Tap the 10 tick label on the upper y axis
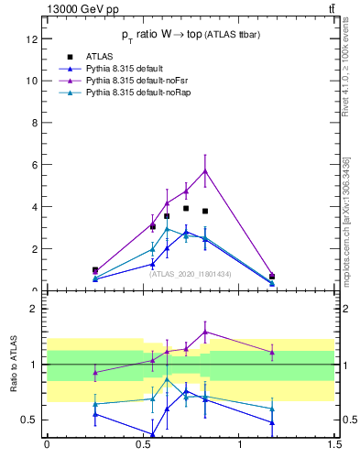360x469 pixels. [31, 81]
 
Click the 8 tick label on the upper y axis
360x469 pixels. [34, 123]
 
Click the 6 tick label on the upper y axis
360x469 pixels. [34, 165]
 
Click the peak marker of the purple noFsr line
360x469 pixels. [205, 170]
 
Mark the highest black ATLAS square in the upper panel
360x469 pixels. [186, 208]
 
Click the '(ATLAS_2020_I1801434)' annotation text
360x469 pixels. [191, 274]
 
